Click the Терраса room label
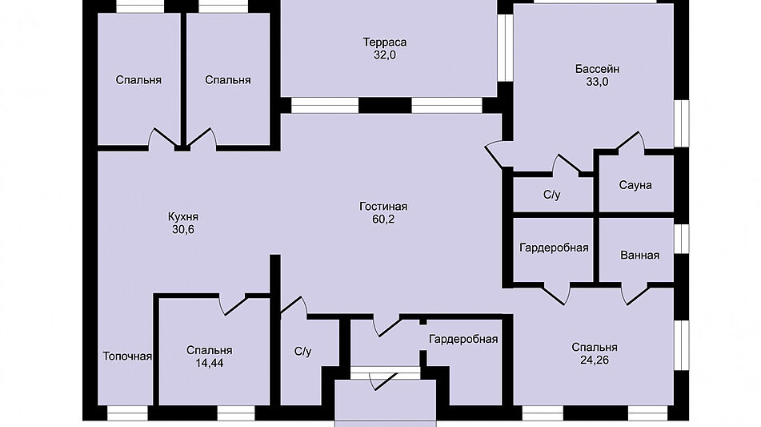[x=385, y=42]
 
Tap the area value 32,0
[x=385, y=55]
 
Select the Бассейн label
[x=597, y=68]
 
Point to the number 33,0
[x=597, y=82]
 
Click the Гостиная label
[x=389, y=206]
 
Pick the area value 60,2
[x=389, y=220]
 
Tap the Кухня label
[x=182, y=216]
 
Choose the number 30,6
[x=182, y=230]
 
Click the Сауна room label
[x=635, y=185]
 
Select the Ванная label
[x=639, y=255]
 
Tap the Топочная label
[x=127, y=357]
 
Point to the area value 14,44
[x=210, y=363]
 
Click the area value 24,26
[x=595, y=361]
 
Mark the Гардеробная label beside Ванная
[x=554, y=248]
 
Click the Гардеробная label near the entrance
[x=463, y=339]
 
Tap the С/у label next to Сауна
[x=552, y=194]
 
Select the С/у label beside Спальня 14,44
[x=302, y=351]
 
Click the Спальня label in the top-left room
[x=138, y=80]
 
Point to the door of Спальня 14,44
[x=235, y=304]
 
